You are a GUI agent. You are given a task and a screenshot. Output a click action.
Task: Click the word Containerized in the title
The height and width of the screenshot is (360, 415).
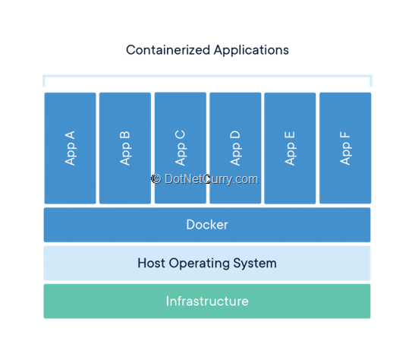pyautogui.click(x=168, y=50)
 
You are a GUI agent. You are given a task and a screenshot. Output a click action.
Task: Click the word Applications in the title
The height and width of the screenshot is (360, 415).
pyautogui.click(x=251, y=50)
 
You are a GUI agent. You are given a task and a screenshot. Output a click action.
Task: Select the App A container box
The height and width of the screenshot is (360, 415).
pyautogui.click(x=70, y=148)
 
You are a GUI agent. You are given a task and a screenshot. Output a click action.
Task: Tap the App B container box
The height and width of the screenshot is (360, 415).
pyautogui.click(x=125, y=148)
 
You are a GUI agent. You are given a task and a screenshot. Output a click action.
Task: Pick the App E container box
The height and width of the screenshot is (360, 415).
pyautogui.click(x=290, y=148)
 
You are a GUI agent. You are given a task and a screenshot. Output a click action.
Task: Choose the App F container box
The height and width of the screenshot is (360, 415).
pyautogui.click(x=345, y=148)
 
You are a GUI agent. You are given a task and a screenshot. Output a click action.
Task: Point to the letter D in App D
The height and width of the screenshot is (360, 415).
pyautogui.click(x=235, y=134)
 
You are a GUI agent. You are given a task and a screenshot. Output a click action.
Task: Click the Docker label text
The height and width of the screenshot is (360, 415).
pyautogui.click(x=207, y=225)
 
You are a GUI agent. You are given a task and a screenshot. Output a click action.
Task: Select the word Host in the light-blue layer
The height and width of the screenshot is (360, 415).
pyautogui.click(x=151, y=263)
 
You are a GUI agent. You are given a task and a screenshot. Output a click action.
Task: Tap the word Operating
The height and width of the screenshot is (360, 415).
pyautogui.click(x=200, y=264)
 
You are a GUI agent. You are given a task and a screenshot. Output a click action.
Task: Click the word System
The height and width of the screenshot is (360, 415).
pyautogui.click(x=255, y=264)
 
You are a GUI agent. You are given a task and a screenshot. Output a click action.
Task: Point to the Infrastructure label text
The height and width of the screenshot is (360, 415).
pyautogui.click(x=207, y=302)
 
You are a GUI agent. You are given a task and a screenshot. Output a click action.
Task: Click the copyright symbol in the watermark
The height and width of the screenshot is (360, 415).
pyautogui.click(x=156, y=178)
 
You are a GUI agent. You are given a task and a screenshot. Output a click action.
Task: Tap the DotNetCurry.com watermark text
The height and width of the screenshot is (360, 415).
pyautogui.click(x=211, y=179)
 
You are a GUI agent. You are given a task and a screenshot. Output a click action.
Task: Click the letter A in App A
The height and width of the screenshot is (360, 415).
pyautogui.click(x=70, y=135)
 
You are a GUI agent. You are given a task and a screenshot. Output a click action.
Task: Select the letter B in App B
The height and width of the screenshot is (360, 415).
pyautogui.click(x=125, y=135)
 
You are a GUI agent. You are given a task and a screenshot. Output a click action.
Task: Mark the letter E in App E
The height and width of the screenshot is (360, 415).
pyautogui.click(x=290, y=135)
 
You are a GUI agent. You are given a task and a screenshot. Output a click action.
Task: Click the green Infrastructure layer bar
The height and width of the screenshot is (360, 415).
pyautogui.click(x=207, y=302)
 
